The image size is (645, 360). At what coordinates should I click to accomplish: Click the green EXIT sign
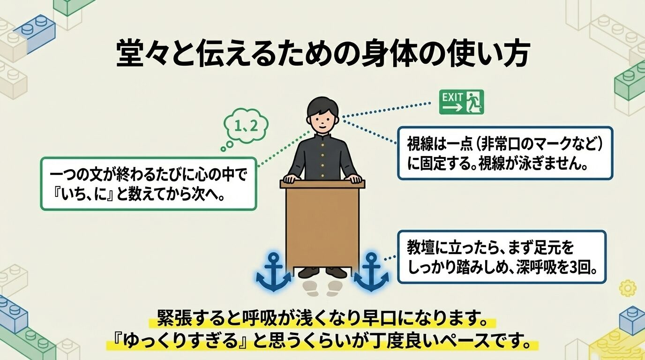(461, 102)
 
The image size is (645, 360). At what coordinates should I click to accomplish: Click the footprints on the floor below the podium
(322, 286)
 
